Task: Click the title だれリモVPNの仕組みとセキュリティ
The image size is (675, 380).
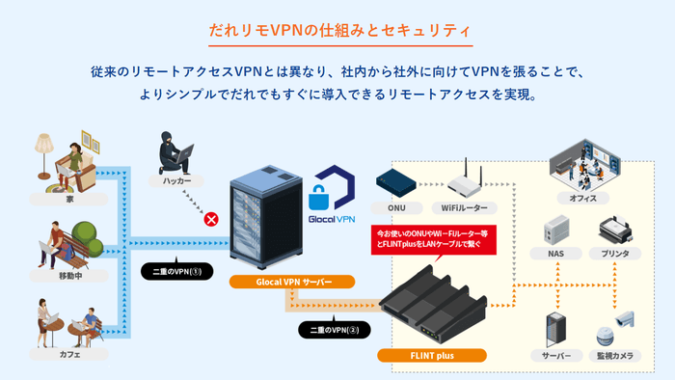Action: pyautogui.click(x=337, y=30)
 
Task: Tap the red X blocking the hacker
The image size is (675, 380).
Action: pyautogui.click(x=208, y=220)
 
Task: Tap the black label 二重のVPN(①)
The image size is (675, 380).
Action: pyautogui.click(x=174, y=270)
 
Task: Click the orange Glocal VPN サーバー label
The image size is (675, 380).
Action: pyautogui.click(x=292, y=282)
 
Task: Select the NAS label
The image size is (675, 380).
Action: pyautogui.click(x=556, y=254)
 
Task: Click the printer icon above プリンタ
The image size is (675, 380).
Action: pyautogui.click(x=614, y=230)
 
